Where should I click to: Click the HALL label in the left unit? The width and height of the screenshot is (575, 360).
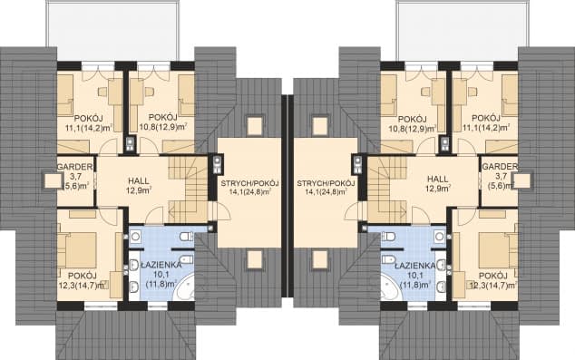pyautogui.click(x=139, y=180)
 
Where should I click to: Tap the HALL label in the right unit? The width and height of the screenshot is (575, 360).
pyautogui.click(x=438, y=180)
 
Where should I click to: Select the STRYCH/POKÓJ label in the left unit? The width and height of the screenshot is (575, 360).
pyautogui.click(x=250, y=183)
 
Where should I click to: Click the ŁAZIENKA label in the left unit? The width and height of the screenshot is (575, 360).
pyautogui.click(x=161, y=265)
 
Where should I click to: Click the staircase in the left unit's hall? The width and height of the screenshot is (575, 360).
pyautogui.click(x=188, y=190)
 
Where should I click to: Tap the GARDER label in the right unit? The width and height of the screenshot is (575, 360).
pyautogui.click(x=500, y=167)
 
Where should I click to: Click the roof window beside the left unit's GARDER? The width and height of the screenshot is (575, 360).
pyautogui.click(x=54, y=180)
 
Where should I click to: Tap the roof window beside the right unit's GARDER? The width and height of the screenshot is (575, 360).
pyautogui.click(x=521, y=180)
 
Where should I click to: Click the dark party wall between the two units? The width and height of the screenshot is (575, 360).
pyautogui.click(x=287, y=196)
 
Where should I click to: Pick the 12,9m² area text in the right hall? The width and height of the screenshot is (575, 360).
pyautogui.click(x=438, y=189)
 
